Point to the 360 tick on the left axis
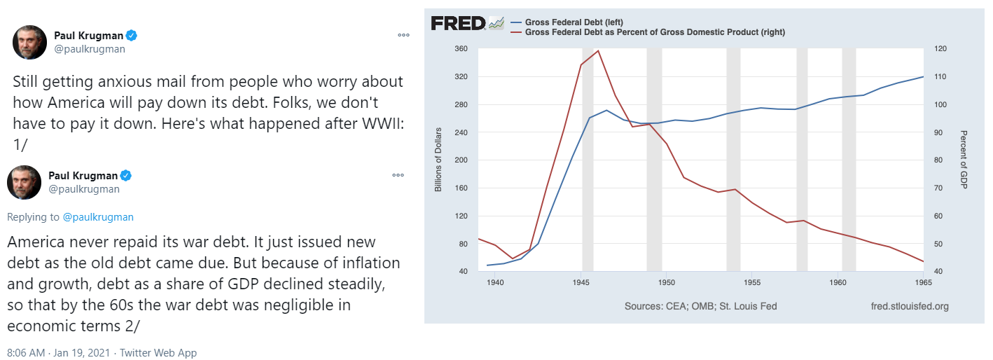point(461,49)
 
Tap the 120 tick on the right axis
point(940,49)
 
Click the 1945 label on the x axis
point(581,282)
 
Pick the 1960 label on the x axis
point(838,282)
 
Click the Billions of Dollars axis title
point(438,160)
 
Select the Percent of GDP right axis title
point(964,160)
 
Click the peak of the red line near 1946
point(598,50)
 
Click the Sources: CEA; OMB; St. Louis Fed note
point(700,306)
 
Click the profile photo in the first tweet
point(29,42)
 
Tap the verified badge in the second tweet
point(127,175)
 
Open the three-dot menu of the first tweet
point(403,34)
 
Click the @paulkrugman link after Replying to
point(98,217)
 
